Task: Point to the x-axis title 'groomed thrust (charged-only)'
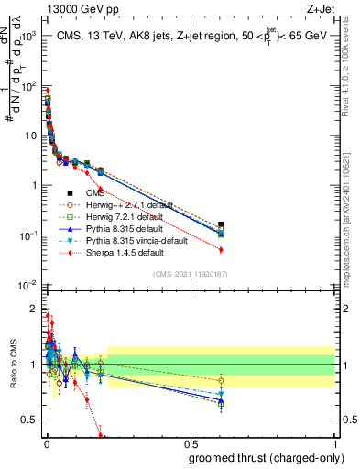[267, 457]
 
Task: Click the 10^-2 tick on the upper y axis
[29, 285]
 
